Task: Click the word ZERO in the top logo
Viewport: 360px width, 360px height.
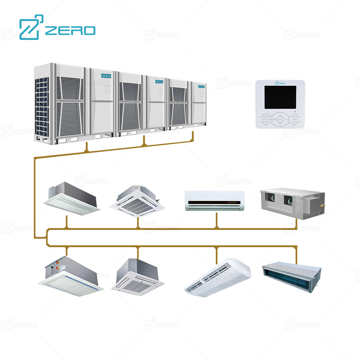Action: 70,30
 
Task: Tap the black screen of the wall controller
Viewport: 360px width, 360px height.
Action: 280,97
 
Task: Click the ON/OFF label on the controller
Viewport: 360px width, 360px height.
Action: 295,114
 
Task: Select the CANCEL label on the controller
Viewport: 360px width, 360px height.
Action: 265,125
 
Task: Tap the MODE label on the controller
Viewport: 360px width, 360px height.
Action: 295,119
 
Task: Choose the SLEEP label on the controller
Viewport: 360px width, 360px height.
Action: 295,125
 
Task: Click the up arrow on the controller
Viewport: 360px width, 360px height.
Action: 280,114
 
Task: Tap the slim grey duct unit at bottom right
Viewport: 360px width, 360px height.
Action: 291,275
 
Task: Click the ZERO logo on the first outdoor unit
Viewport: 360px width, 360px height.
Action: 107,76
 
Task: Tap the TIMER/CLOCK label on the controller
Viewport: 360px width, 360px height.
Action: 266,119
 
